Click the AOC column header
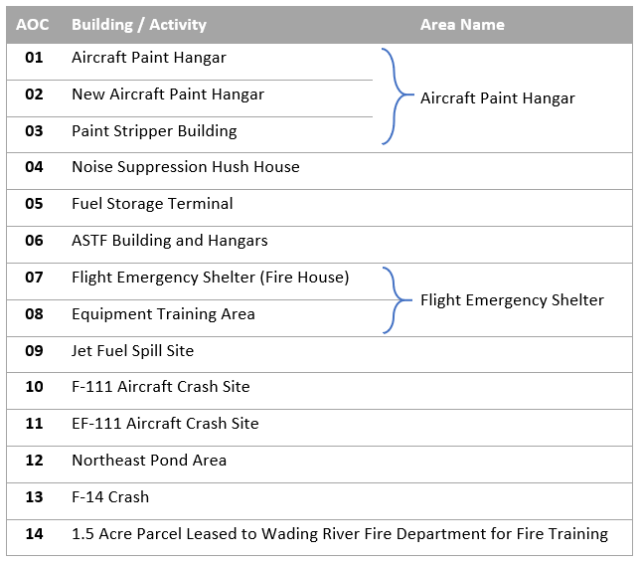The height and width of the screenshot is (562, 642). click(33, 25)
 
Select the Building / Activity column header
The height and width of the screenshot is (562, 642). click(139, 25)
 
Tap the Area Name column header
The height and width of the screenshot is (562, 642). click(462, 25)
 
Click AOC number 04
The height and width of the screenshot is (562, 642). click(34, 167)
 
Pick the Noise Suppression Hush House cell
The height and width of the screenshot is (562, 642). click(186, 167)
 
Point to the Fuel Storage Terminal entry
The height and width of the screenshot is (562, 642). click(152, 204)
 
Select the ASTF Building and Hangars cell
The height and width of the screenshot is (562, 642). click(170, 241)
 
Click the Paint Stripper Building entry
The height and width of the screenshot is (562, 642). click(154, 131)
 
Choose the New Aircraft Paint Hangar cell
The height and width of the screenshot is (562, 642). click(168, 94)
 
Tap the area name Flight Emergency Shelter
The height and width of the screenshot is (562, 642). click(512, 300)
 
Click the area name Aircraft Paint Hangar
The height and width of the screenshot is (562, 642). click(498, 98)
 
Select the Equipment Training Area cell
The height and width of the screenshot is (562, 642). click(163, 314)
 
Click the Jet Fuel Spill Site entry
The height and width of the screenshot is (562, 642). click(132, 351)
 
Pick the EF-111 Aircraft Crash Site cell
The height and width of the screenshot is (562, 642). click(165, 424)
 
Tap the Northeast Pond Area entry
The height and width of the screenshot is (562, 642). click(149, 461)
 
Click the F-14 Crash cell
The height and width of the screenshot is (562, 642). click(110, 497)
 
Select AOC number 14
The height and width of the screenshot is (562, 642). click(34, 534)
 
